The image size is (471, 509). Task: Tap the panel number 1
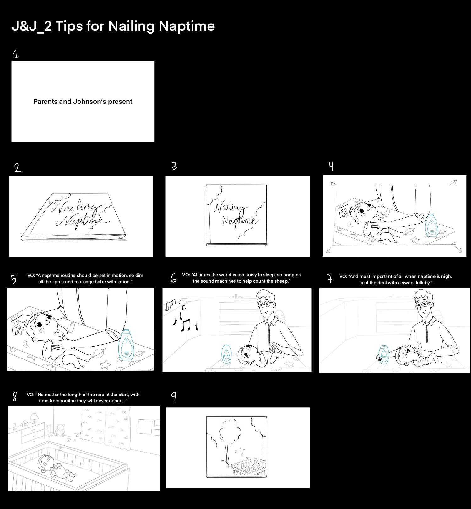pos(16,54)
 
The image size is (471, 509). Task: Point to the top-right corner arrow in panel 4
pos(453,182)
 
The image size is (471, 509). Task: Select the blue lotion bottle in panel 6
pos(226,354)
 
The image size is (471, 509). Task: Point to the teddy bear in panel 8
pos(60,430)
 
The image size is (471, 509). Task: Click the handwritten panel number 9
pos(173,397)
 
